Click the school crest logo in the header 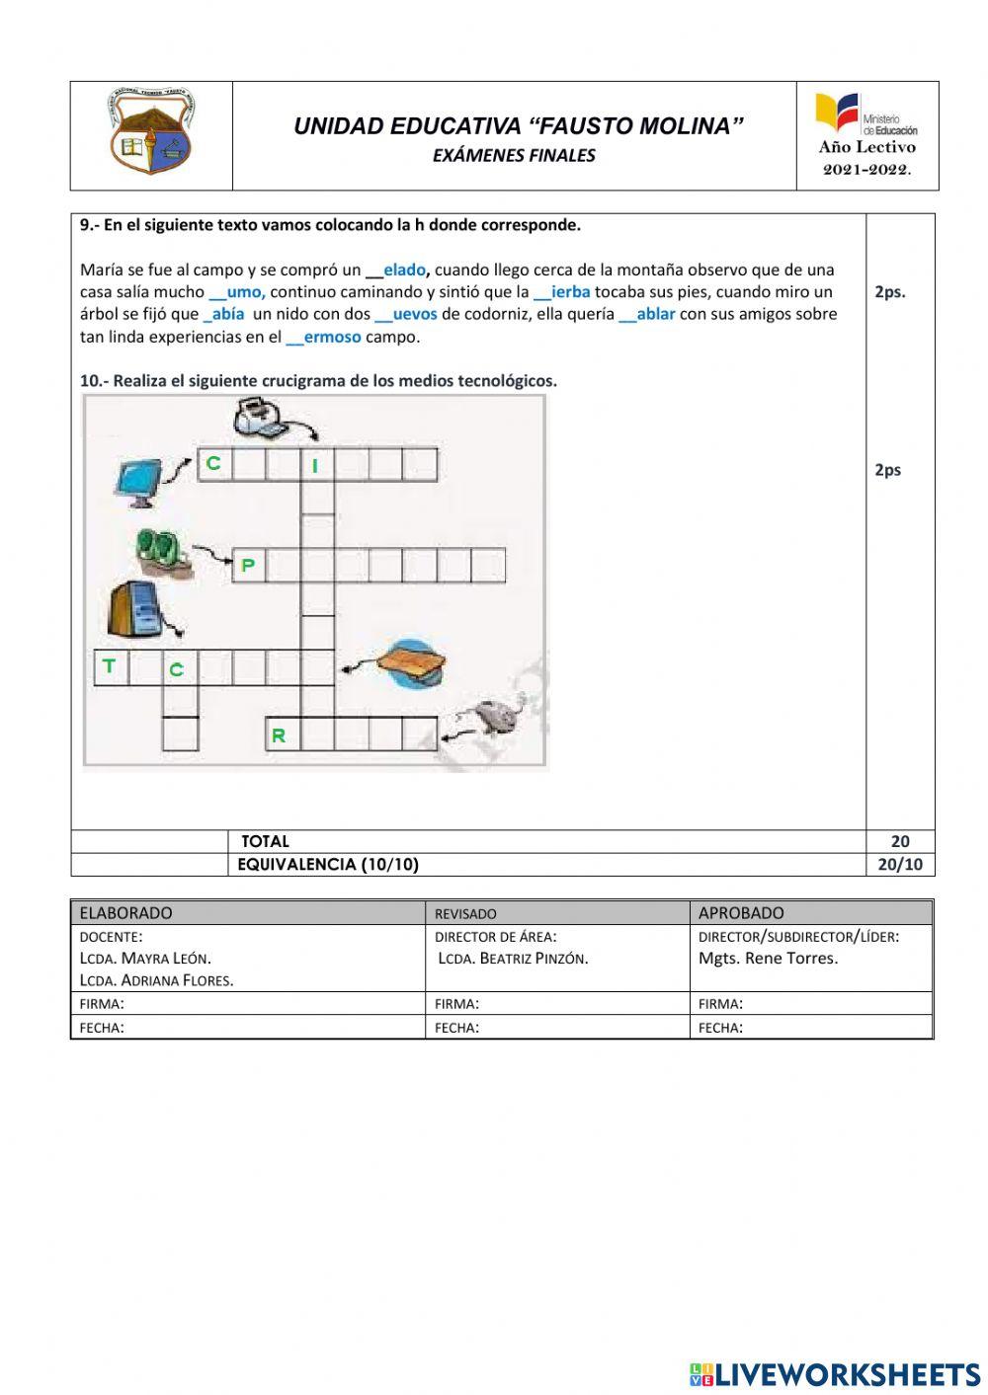150,133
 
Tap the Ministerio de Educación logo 865,114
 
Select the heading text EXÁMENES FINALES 514,156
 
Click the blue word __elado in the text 397,270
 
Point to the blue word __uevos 406,314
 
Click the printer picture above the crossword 264,418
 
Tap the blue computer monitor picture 139,483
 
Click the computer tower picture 134,609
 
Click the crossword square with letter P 248,566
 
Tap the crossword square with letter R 281,735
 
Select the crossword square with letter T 110,667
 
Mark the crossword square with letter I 317,464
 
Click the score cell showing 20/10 899,865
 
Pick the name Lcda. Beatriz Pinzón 513,959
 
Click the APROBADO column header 741,913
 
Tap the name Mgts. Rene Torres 768,959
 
